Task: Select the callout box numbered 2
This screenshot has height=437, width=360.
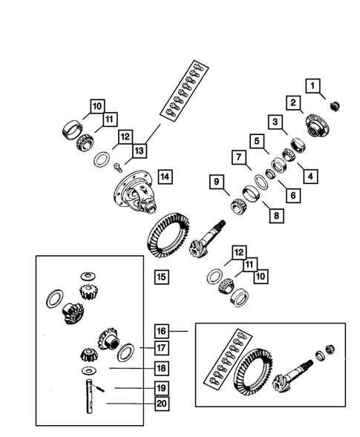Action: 294,102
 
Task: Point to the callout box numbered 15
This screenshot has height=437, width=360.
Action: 161,277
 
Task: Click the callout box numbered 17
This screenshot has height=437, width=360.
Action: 161,348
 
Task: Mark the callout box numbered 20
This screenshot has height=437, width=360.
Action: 161,404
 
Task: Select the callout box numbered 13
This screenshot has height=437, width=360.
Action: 140,151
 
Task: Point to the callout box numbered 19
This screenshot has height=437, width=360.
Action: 161,387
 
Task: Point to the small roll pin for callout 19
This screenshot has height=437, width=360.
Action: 100,387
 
